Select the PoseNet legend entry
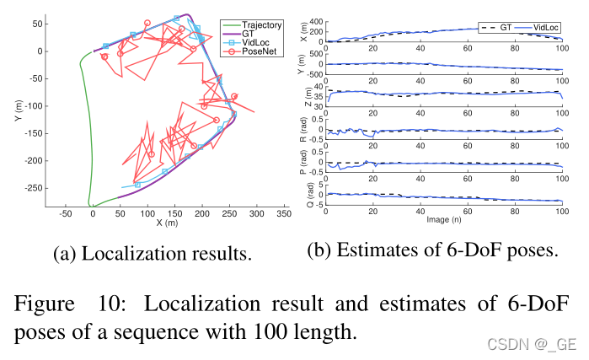click(256, 53)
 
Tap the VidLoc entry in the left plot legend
click(254, 43)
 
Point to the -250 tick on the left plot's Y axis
click(35, 188)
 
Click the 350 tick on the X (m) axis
click(284, 215)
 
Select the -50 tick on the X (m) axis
click(65, 215)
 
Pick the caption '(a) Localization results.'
click(151, 252)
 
